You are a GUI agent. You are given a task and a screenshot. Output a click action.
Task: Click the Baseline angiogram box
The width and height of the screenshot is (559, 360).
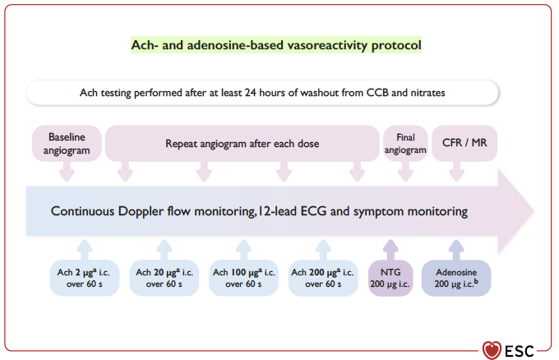pos(67,143)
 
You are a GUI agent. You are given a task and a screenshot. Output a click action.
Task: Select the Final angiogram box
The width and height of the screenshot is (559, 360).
pos(405,143)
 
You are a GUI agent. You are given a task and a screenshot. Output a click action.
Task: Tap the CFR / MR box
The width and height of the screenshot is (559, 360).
pos(464,143)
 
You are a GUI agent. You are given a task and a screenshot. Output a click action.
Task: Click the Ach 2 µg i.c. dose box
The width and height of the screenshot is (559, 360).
pos(85,278)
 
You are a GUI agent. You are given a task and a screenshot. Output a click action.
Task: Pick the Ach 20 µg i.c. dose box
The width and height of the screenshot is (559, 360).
pos(164,278)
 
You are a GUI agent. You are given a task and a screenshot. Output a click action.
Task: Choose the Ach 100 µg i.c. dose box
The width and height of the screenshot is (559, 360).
pos(244,278)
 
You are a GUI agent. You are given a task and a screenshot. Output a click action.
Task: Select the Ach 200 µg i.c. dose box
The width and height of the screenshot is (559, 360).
pos(323,278)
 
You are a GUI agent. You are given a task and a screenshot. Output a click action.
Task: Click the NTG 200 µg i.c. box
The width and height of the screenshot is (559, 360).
pos(390,278)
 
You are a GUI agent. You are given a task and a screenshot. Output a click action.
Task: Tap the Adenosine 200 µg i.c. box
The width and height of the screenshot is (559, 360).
pos(456,278)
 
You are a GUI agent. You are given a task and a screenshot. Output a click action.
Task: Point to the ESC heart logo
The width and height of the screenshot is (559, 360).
pos(492,350)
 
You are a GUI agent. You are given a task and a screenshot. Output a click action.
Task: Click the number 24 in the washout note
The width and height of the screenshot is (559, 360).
pos(250,93)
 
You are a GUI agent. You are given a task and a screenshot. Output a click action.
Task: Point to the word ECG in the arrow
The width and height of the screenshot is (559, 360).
pos(313,211)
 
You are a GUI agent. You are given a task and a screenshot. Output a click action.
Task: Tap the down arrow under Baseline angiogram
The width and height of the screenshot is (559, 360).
pos(67,172)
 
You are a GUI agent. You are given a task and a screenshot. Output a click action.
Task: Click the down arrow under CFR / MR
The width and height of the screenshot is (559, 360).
pos(457,172)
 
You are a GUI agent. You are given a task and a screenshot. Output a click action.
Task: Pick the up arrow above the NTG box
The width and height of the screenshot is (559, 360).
pos(390,250)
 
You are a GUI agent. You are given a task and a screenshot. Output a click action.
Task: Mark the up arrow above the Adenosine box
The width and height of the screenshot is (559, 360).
pos(456,250)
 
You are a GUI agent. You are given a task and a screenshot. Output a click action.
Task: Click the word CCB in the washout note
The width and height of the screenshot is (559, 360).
pos(377,93)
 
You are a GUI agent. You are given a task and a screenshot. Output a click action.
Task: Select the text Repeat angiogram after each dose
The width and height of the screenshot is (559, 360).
pos(242,144)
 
